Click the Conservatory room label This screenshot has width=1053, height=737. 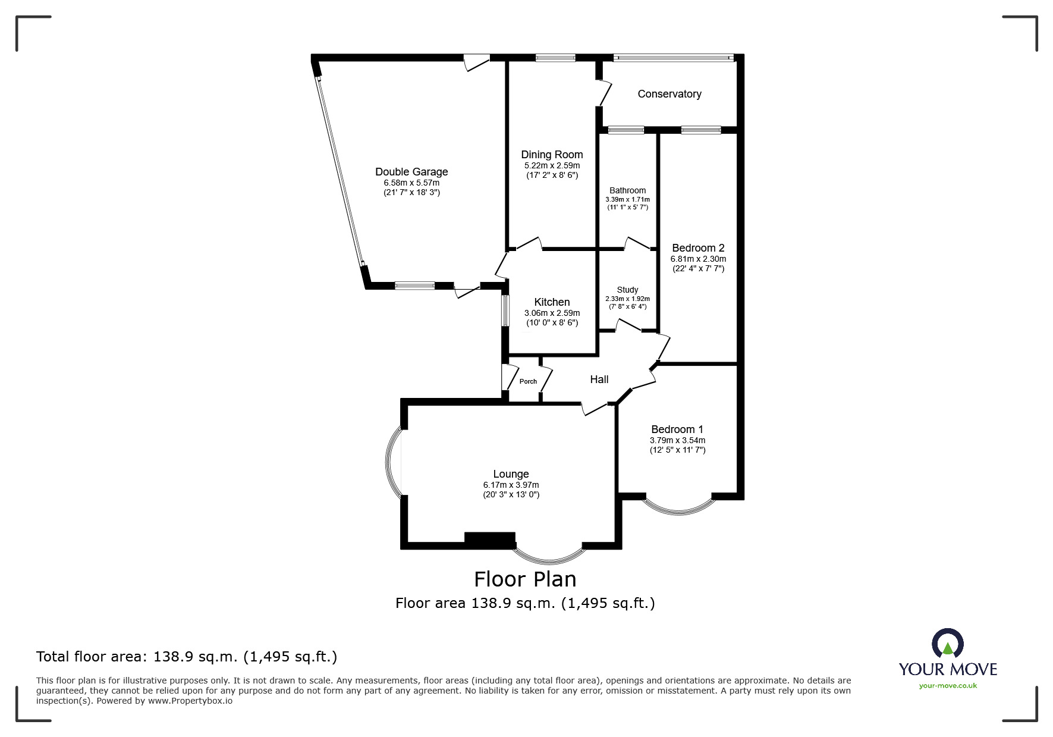669,94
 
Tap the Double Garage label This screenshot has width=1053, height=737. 411,172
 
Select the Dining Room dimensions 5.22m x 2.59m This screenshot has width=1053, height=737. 552,165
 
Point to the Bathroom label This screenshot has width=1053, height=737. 627,190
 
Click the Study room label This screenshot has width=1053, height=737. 627,290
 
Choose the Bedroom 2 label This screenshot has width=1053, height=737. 698,248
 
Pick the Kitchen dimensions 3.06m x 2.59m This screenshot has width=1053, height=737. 552,313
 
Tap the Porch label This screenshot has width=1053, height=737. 528,382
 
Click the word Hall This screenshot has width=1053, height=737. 599,380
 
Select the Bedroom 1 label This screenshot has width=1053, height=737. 677,429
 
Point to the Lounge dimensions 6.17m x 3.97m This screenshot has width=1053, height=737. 511,485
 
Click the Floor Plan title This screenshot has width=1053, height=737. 525,579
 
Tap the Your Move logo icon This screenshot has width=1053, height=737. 947,644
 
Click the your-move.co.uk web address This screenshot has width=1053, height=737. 948,686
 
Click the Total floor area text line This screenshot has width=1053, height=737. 187,657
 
